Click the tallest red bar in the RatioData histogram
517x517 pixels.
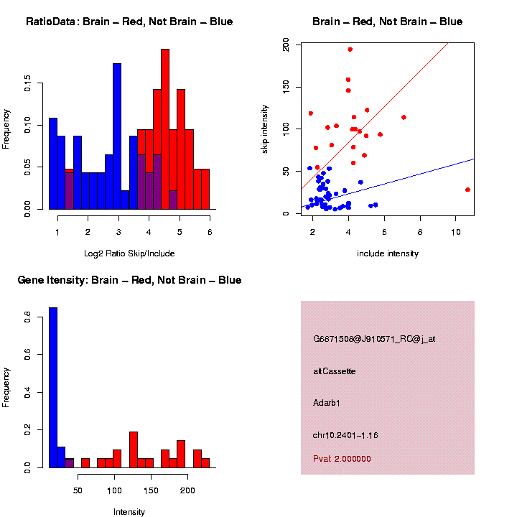tap(165, 129)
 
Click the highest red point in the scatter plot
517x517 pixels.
tap(350, 50)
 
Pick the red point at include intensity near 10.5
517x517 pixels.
tap(467, 190)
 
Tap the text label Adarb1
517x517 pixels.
tap(327, 403)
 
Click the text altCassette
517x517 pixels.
tap(335, 371)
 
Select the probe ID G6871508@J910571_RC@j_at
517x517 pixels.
tap(374, 339)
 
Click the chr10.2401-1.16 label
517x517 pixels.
tap(345, 435)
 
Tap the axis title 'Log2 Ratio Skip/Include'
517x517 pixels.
tap(129, 253)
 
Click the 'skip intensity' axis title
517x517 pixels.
tap(265, 129)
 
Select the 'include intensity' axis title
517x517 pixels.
tap(387, 253)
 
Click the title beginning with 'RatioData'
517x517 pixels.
tap(129, 22)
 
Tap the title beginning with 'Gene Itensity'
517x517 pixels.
tap(129, 280)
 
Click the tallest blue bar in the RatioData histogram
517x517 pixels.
tap(117, 136)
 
